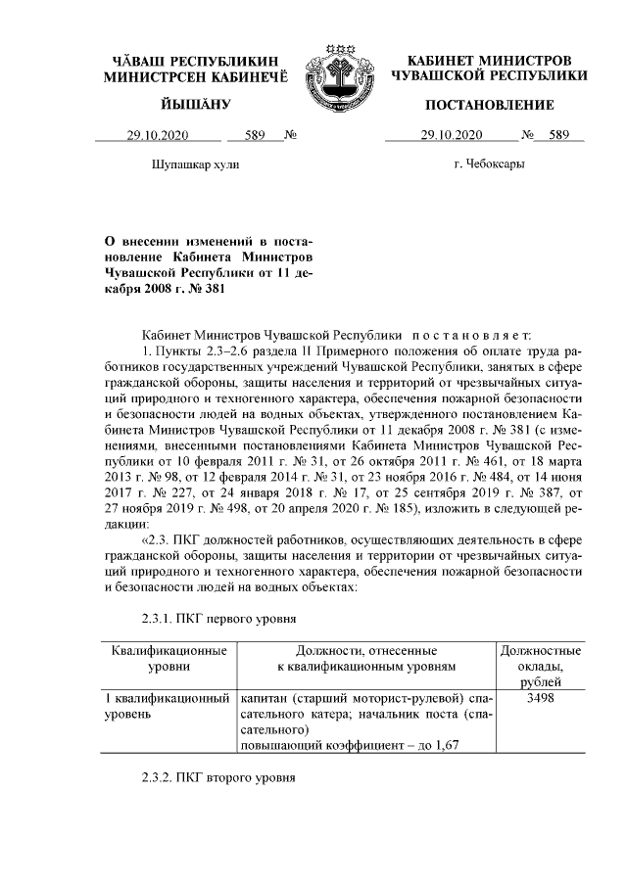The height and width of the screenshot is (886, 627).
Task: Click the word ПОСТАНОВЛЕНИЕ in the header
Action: (490, 105)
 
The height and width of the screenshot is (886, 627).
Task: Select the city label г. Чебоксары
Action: (489, 163)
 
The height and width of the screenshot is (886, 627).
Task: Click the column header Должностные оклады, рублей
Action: (540, 666)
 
